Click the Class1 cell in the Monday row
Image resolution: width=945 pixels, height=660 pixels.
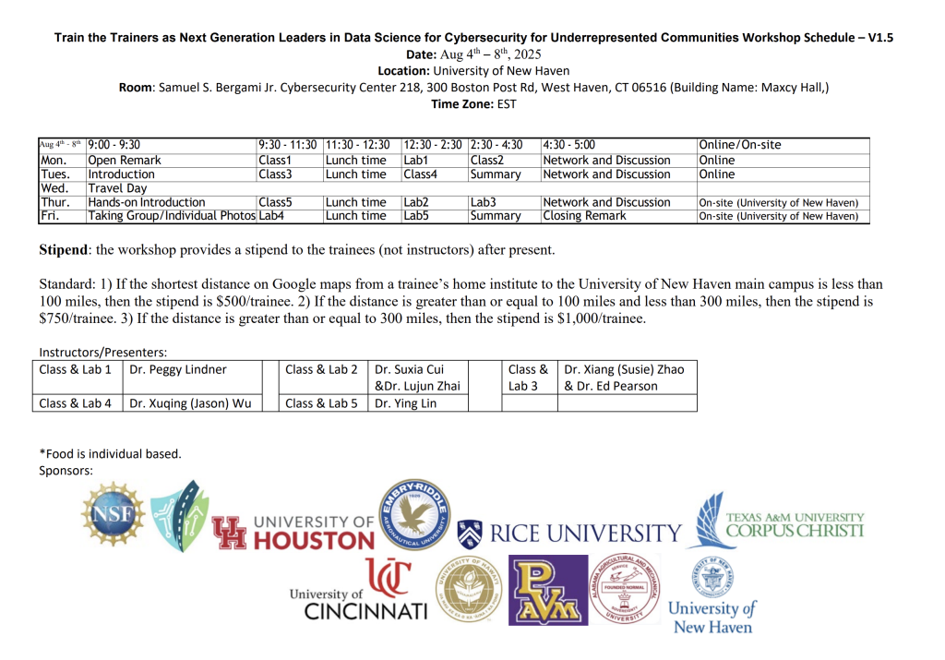[274, 161]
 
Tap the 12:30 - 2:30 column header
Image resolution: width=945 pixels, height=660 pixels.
[433, 145]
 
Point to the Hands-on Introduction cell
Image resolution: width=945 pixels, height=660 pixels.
[147, 202]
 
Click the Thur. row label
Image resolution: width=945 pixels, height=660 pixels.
[54, 202]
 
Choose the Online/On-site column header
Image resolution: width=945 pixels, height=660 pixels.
[740, 145]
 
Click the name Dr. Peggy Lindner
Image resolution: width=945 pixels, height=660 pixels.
[178, 369]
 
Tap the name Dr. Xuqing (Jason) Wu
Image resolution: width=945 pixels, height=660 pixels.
[189, 402]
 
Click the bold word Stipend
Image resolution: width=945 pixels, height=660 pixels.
[66, 250]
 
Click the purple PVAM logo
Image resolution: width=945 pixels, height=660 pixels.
[548, 591]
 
